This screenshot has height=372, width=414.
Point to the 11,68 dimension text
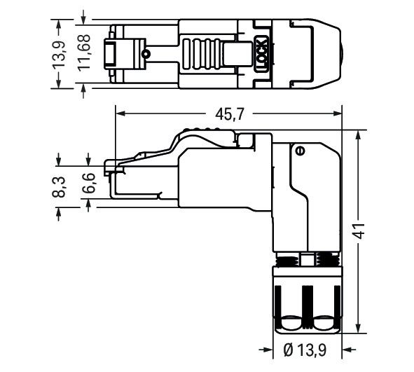[x=84, y=53]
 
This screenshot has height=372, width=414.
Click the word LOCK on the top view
[x=260, y=53]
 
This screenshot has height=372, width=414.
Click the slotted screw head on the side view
[x=300, y=150]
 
